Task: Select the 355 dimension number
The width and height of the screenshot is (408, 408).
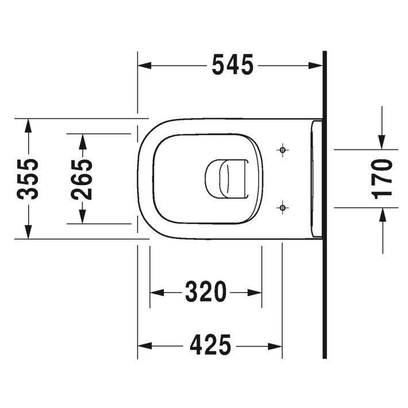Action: pyautogui.click(x=28, y=179)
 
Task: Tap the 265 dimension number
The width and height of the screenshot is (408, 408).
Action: pyautogui.click(x=83, y=179)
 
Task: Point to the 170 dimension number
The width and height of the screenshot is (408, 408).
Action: pyautogui.click(x=382, y=179)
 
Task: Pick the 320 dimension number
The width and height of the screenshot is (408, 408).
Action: pyautogui.click(x=206, y=292)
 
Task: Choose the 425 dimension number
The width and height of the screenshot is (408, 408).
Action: pyautogui.click(x=209, y=346)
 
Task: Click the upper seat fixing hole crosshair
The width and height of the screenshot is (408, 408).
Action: pyautogui.click(x=282, y=150)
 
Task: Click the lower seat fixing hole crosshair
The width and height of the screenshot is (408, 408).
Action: pyautogui.click(x=282, y=206)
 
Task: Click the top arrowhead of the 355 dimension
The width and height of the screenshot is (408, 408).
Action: pyautogui.click(x=28, y=124)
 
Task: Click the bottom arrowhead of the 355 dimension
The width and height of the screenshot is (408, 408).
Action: pyautogui.click(x=28, y=232)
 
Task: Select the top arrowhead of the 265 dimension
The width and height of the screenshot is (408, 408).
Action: pyautogui.click(x=83, y=139)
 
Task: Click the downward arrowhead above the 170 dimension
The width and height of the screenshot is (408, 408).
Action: pyautogui.click(x=382, y=143)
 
